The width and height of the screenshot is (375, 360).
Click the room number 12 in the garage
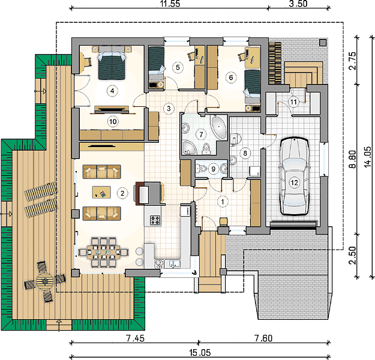click(294, 183)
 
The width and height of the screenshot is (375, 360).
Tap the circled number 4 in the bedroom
click(112, 91)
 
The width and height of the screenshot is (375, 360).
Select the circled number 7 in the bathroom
click(201, 134)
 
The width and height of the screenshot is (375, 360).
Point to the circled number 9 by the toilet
click(214, 169)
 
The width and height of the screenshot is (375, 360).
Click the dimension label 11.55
click(170, 4)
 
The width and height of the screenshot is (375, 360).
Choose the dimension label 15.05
click(200, 353)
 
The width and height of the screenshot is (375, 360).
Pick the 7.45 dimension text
click(135, 338)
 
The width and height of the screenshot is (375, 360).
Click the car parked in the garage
click(294, 176)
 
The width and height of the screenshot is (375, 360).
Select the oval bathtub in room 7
click(218, 127)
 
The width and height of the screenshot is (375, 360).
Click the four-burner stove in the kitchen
click(155, 220)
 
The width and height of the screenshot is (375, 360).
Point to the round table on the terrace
click(45, 281)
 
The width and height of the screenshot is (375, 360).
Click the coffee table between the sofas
click(101, 193)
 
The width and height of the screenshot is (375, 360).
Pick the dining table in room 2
click(103, 252)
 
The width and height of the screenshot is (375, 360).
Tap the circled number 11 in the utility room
click(293, 102)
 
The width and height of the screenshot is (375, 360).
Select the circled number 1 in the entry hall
click(223, 202)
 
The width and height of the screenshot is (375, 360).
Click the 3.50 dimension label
click(298, 4)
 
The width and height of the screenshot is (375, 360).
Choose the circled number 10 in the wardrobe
click(113, 122)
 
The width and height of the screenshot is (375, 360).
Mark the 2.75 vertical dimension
click(353, 61)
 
